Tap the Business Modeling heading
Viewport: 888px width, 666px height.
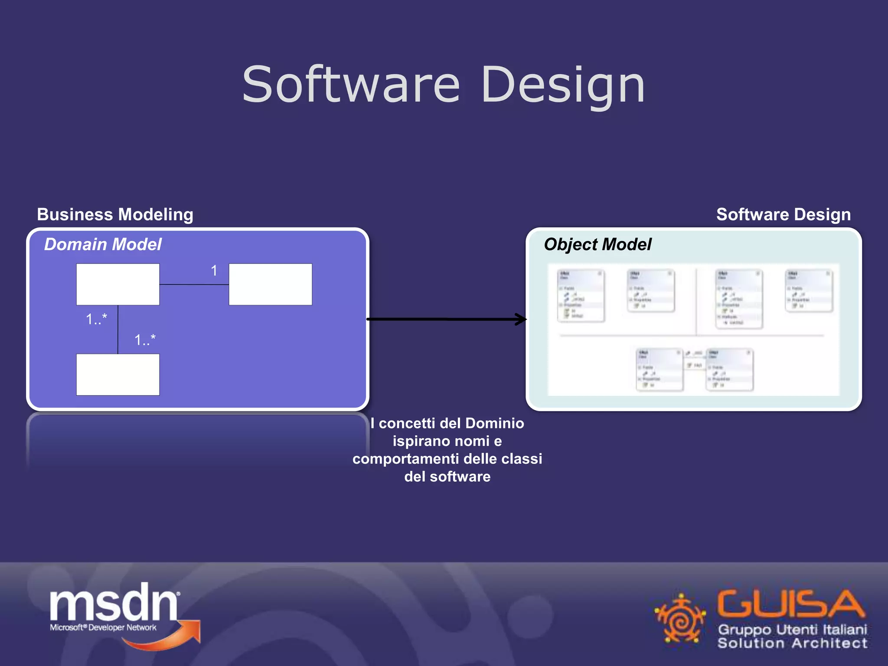point(115,215)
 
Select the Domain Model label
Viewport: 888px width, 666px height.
point(103,245)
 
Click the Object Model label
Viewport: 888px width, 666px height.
point(597,245)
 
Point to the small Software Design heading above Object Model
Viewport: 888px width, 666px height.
point(783,215)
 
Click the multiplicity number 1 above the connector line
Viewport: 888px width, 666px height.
point(214,271)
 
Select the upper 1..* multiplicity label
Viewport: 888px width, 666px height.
point(96,320)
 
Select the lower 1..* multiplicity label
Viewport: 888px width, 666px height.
point(145,340)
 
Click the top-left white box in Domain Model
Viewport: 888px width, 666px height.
point(118,284)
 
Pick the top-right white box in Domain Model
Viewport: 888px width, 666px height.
point(270,284)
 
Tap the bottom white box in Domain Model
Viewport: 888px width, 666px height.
point(118,375)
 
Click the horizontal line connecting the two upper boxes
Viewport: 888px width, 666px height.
point(194,284)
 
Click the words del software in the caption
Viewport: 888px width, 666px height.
point(447,477)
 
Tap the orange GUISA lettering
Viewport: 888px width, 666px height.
point(790,604)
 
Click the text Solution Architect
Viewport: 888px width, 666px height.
point(792,643)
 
